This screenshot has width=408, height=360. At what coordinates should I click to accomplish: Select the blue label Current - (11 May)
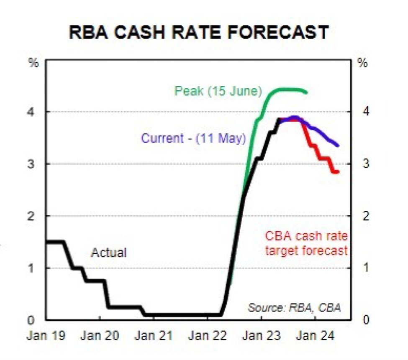tap(193, 138)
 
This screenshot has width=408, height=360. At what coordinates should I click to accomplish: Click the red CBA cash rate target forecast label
tap(306, 243)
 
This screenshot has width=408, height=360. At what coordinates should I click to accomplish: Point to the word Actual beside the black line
tap(109, 253)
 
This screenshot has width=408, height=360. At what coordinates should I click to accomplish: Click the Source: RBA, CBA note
tap(294, 308)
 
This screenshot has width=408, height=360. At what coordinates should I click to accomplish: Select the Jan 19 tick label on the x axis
tap(46, 336)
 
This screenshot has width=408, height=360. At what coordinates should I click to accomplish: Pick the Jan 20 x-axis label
tap(100, 336)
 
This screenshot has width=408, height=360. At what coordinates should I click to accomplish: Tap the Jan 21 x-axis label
tap(154, 336)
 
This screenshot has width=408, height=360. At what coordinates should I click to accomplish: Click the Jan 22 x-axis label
tap(208, 336)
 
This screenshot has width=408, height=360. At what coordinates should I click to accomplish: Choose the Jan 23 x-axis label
tap(261, 336)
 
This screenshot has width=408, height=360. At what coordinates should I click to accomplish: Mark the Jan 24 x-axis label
tap(315, 336)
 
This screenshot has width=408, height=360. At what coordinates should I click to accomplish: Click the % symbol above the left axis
tap(33, 64)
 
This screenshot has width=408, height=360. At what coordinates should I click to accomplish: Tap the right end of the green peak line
tap(307, 92)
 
